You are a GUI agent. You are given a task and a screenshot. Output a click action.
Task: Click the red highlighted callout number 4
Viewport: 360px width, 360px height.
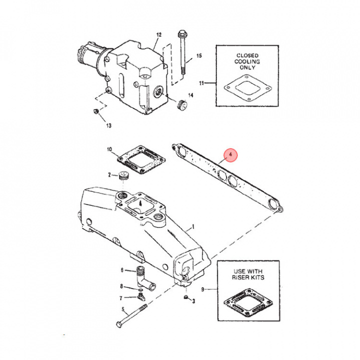click(x=230, y=156)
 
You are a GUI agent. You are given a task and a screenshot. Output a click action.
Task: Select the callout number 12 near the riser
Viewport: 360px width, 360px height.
click(x=159, y=34)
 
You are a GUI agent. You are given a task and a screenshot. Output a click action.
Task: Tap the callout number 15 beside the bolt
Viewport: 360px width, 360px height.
click(x=198, y=55)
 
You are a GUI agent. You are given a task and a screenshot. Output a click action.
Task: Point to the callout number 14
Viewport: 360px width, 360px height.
click(x=190, y=95)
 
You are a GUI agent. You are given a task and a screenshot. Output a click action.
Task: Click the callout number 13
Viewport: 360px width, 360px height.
click(x=108, y=125)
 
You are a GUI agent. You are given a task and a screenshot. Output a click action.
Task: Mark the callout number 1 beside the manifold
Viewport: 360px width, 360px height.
click(x=191, y=227)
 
